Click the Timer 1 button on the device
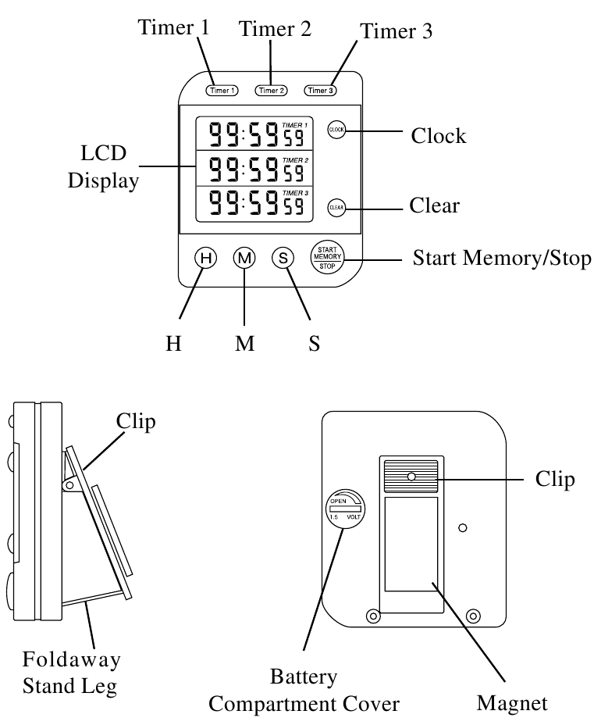[222, 90]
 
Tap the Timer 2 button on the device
[271, 90]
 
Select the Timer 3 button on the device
[320, 90]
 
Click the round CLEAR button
[336, 208]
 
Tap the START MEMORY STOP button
[327, 257]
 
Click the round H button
[205, 258]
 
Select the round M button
[244, 258]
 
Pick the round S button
[283, 258]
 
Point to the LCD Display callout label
[103, 167]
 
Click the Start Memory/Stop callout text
[502, 258]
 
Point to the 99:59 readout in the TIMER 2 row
[244, 170]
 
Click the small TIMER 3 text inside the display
[295, 193]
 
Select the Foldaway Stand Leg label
[71, 673]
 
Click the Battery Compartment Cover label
[304, 691]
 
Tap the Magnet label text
[512, 703]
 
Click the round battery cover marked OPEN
[345, 507]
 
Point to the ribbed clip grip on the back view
[411, 477]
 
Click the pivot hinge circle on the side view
[69, 484]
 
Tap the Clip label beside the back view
[555, 480]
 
